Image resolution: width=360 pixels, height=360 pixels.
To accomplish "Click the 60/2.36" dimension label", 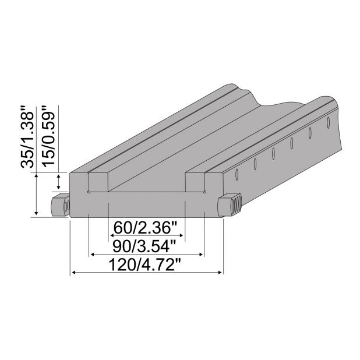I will coord(147,225).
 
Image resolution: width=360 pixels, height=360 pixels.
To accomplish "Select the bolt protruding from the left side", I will coord(60,205).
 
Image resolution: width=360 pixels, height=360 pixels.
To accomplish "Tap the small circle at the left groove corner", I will coord(88,191).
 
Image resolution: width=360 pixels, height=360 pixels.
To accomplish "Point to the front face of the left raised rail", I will coord(79,182).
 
